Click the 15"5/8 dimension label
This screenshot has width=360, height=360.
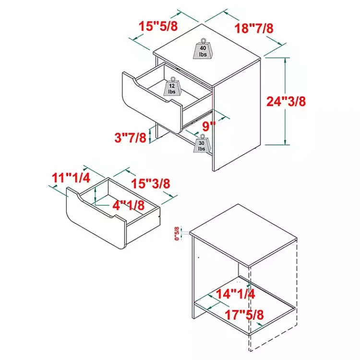158,26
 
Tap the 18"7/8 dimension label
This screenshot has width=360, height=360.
254,28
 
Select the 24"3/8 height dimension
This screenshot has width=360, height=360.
286,101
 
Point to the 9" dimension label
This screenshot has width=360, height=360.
209,126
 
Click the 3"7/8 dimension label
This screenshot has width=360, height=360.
131,138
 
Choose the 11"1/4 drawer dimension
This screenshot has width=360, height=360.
71,178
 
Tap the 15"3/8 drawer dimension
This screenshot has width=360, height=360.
151,184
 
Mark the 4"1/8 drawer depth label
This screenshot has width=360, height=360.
129,205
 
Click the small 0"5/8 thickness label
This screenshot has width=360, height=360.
177,233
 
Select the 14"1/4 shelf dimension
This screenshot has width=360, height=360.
236,294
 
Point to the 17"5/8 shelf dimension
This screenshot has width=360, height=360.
244,315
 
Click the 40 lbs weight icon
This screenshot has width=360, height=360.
203,49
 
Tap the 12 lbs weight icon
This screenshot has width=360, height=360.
172,87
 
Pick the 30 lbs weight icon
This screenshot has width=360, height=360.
202,144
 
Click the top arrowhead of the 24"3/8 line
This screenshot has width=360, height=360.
285,60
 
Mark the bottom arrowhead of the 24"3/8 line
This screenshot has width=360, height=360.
285,143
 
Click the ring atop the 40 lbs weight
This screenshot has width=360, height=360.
203,41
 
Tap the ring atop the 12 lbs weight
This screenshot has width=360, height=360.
173,79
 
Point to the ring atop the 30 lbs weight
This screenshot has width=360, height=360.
202,136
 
